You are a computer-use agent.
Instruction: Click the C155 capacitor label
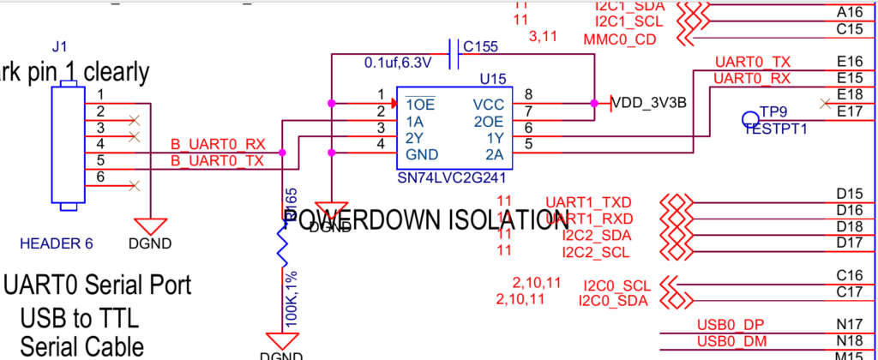[x=480, y=46]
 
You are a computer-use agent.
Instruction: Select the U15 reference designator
[x=493, y=79]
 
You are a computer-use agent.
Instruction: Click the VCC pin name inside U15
[x=488, y=104]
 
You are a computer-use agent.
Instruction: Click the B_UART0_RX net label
[x=218, y=144]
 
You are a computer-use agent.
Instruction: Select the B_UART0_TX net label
[x=218, y=160]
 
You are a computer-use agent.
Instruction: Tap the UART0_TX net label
[x=752, y=62]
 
